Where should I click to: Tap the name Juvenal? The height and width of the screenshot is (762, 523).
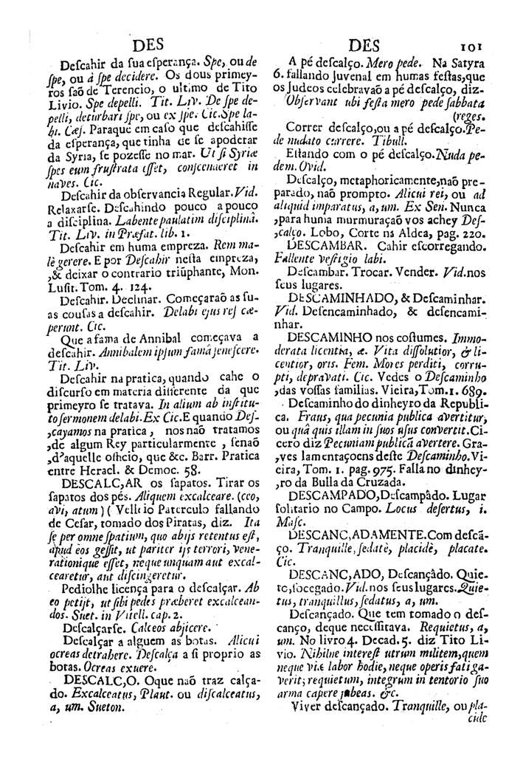(x=357, y=76)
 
